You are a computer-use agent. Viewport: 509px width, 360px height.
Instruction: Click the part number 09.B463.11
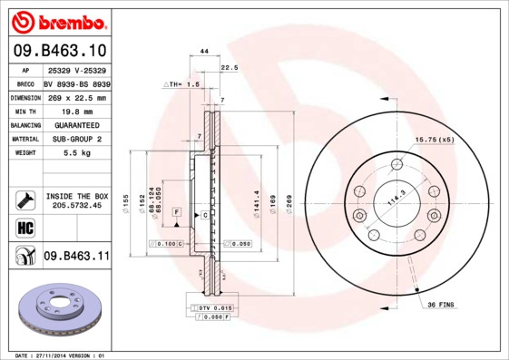coord(76,257)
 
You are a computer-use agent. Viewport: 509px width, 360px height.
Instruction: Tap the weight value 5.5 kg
coord(76,154)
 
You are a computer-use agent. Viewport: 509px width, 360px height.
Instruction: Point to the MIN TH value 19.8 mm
coord(76,111)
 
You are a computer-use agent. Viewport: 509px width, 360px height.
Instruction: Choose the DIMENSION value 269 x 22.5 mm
coord(76,97)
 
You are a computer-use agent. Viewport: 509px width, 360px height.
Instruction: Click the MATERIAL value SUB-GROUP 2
coord(76,140)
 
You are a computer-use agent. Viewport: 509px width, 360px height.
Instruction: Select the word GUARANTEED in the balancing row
coord(76,125)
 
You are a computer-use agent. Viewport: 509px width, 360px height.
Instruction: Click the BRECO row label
coord(24,83)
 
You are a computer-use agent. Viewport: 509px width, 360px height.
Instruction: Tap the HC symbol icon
coord(24,227)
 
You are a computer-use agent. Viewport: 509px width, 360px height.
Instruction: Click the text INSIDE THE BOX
coord(77,196)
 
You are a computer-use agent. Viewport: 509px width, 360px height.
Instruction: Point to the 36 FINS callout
coord(441,304)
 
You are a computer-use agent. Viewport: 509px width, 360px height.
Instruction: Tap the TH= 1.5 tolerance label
coord(182,83)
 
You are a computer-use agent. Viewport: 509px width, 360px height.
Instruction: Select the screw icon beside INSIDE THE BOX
coord(24,199)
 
